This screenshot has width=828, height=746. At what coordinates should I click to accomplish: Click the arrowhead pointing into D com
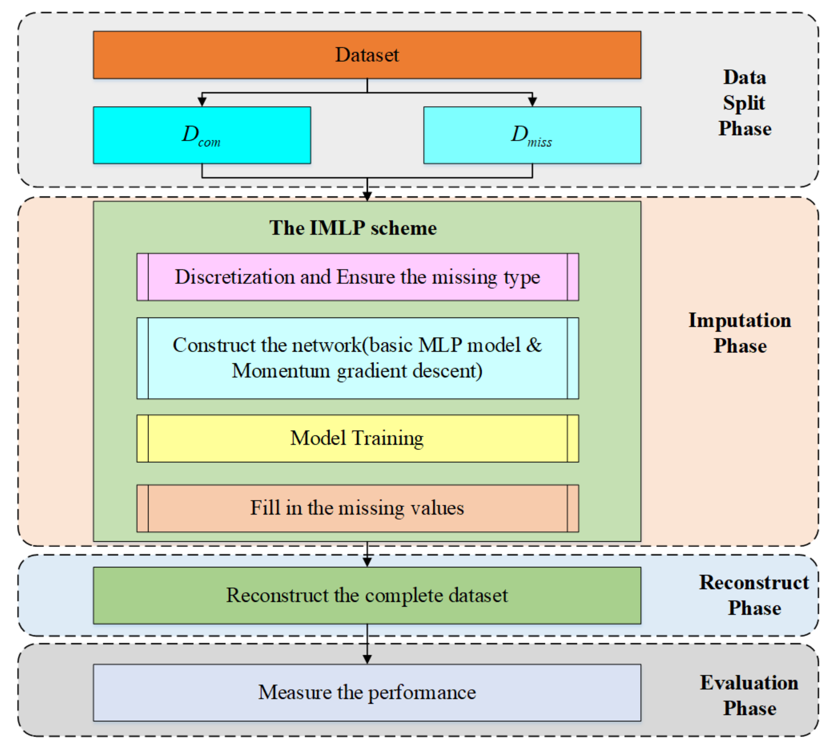[202, 101]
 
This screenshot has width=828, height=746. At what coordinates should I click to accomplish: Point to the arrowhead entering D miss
[532, 101]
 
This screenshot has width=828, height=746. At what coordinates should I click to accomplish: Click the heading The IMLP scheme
[353, 228]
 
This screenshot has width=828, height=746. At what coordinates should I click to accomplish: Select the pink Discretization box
[357, 277]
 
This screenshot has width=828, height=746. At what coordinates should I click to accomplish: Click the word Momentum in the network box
[281, 371]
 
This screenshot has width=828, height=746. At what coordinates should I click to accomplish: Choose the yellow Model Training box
[357, 438]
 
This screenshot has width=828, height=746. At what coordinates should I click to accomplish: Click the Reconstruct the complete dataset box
[366, 595]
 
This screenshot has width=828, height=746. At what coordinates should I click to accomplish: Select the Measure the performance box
[366, 692]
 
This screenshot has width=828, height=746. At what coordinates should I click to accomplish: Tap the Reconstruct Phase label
[754, 595]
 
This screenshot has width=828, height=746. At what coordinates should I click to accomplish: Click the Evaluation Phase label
[749, 695]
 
